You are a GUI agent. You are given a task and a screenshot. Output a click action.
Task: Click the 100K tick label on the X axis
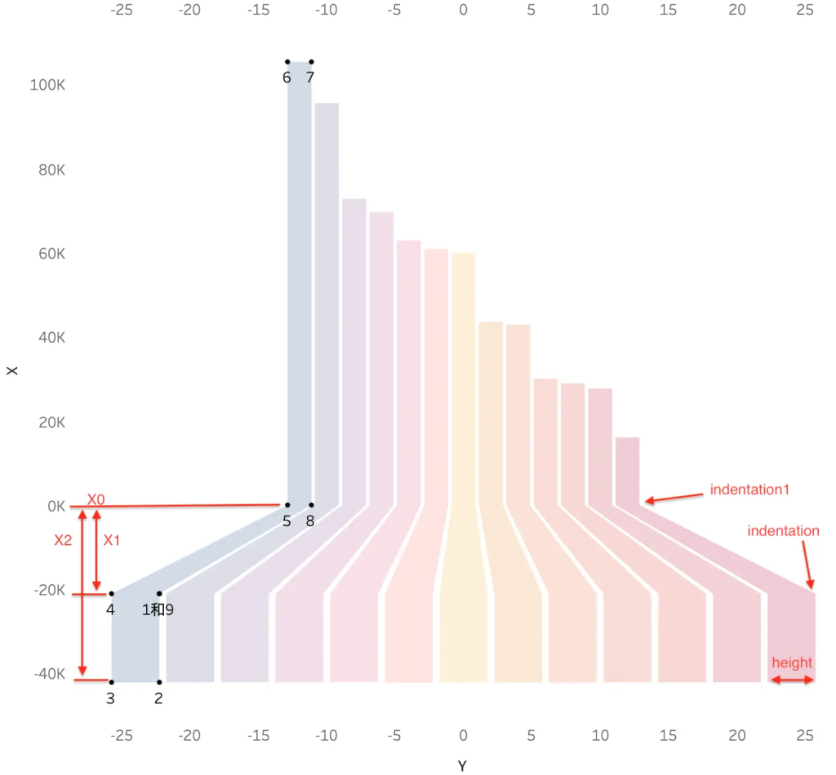[47, 85]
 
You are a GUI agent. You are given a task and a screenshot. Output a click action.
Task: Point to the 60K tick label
[51, 254]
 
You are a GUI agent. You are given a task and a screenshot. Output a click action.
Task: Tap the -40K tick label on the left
[50, 674]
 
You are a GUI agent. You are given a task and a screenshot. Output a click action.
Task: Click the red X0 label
[96, 499]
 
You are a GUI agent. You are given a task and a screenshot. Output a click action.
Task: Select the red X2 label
[63, 540]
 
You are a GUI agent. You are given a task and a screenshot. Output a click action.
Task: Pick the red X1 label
[111, 540]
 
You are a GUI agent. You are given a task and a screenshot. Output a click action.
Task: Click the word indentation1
[749, 489]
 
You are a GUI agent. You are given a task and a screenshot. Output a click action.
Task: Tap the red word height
[792, 662]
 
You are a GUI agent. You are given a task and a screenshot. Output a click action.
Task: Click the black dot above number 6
[287, 62]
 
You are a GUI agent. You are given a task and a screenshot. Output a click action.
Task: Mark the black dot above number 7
[311, 62]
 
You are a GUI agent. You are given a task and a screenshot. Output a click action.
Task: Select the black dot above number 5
[287, 505]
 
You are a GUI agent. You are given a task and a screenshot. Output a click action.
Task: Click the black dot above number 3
[111, 682]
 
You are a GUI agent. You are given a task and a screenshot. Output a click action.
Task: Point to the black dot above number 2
[159, 682]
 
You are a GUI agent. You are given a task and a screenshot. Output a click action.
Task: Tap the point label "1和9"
[158, 609]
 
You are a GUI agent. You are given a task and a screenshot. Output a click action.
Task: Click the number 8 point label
[309, 521]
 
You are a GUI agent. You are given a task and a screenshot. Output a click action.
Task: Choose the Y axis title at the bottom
[462, 766]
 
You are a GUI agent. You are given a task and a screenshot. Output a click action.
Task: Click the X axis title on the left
[11, 370]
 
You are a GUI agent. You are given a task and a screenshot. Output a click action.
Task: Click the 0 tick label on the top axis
[464, 10]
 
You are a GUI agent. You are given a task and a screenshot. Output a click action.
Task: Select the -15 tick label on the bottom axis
[259, 736]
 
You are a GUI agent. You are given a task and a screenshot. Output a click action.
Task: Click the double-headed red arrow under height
[792, 680]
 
